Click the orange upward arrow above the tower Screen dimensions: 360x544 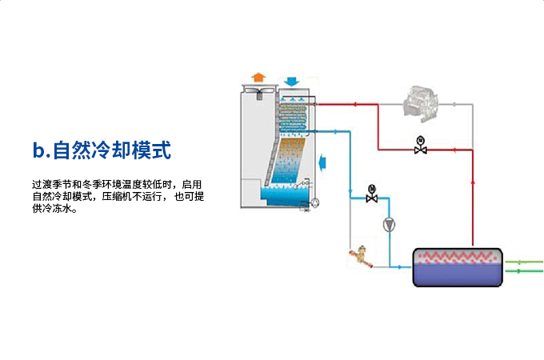258,77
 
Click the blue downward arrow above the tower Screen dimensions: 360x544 291,81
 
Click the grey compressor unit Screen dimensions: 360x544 420,102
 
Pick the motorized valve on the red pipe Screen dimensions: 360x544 421,148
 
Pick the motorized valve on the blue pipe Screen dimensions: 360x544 372,194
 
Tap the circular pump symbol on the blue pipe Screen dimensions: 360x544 389,225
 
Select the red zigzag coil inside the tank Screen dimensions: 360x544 457,258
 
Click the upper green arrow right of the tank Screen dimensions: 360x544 528,262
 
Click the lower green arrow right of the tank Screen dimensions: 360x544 528,271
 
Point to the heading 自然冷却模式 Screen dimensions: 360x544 113,150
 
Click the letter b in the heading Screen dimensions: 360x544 38,150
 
